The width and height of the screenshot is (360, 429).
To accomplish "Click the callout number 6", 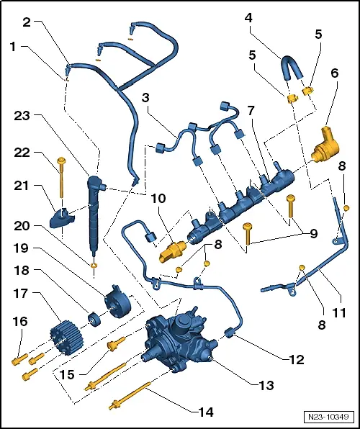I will (x=334, y=74).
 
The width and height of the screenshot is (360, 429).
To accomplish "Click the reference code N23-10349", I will (x=328, y=417).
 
